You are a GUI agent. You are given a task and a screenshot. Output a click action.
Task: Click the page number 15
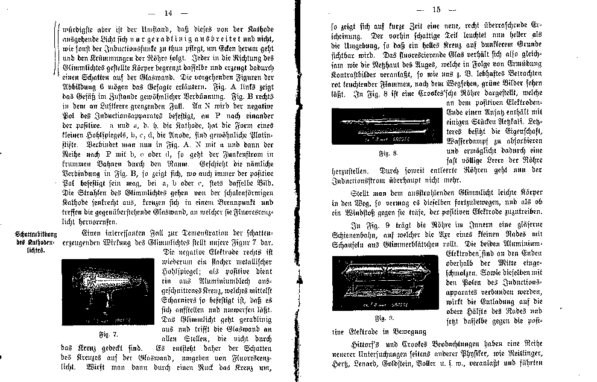click(x=437, y=10)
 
